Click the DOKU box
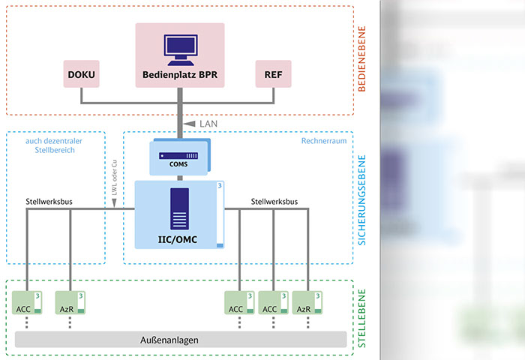pos(82,74)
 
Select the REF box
pos(272,74)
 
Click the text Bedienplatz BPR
pos(180,75)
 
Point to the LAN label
pos(209,122)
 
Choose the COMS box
pos(179,157)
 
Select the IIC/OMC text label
pos(178,239)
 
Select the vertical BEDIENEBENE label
pos(361,59)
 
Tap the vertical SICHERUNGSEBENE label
pos(361,198)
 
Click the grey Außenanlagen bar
pos(180,339)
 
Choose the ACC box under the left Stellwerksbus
pos(27,304)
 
